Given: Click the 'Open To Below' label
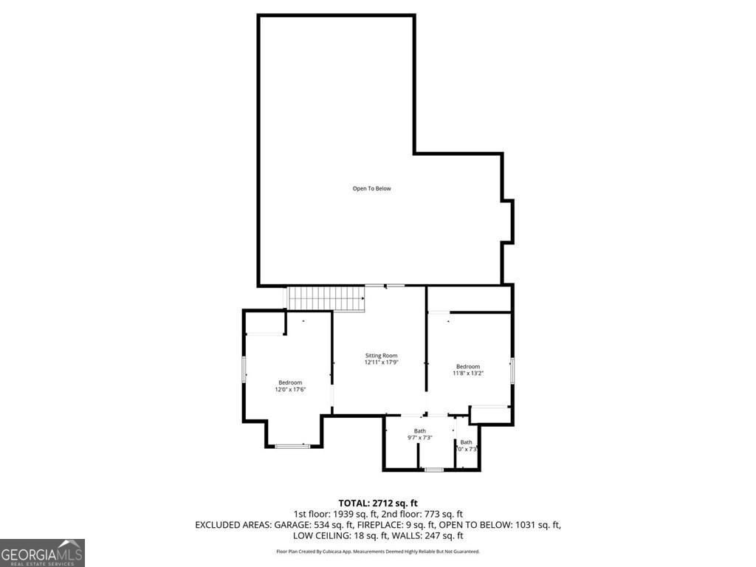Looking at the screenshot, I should [x=371, y=188].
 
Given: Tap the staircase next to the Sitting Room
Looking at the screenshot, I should [x=326, y=298].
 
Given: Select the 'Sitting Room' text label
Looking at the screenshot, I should [x=381, y=355].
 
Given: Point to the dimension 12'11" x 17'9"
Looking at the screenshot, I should [x=381, y=362].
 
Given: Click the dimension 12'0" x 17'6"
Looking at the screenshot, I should [x=290, y=389].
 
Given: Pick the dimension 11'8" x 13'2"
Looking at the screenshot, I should [x=467, y=374].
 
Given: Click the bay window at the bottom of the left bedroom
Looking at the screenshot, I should [x=292, y=445].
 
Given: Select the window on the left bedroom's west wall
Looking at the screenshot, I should [x=244, y=368].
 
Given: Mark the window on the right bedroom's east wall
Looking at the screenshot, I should [x=512, y=370].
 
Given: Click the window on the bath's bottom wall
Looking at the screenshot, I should [x=434, y=470].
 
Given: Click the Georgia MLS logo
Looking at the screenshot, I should [x=42, y=553].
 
